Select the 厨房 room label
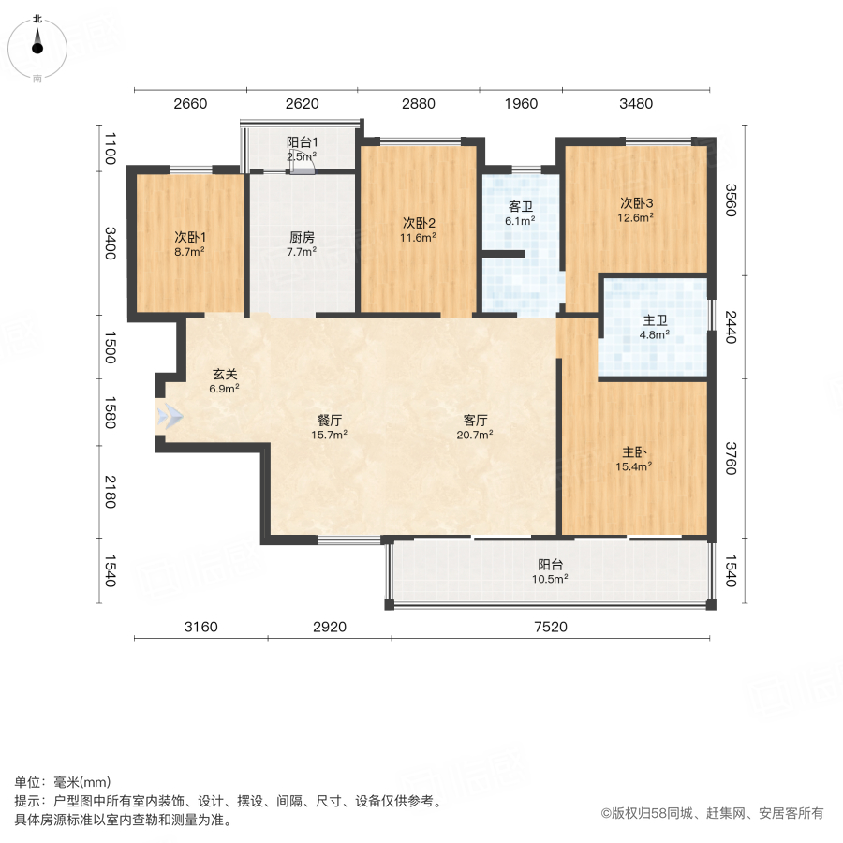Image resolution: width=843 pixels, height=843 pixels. click(x=302, y=237)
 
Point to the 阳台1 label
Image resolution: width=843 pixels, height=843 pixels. click(x=302, y=143)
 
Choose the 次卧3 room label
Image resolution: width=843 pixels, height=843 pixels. click(x=636, y=203)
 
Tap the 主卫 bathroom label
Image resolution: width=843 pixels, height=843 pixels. click(x=655, y=320)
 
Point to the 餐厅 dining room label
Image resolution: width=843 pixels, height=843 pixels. click(x=329, y=420)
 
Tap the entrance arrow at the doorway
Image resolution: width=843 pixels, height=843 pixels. click(x=170, y=417)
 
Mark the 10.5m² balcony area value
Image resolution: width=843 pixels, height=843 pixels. click(x=550, y=579)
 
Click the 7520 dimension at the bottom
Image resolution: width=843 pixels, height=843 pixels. click(x=550, y=627)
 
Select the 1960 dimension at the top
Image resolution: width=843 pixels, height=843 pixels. click(x=521, y=104)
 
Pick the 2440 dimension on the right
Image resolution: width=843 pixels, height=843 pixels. click(x=732, y=327)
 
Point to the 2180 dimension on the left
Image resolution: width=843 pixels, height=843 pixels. click(x=110, y=493)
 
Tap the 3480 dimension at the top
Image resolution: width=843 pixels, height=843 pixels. click(x=636, y=104)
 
